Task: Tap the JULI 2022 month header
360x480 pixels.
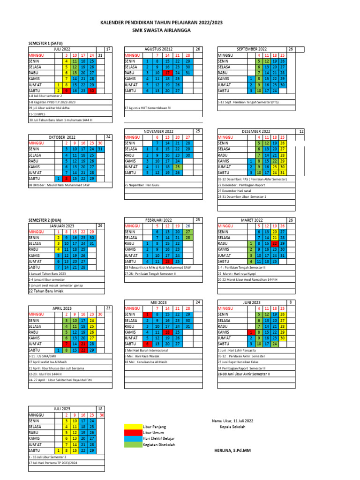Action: pos(62,49)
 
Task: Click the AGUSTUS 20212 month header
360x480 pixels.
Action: pos(158,49)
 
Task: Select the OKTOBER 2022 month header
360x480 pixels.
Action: pos(62,137)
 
